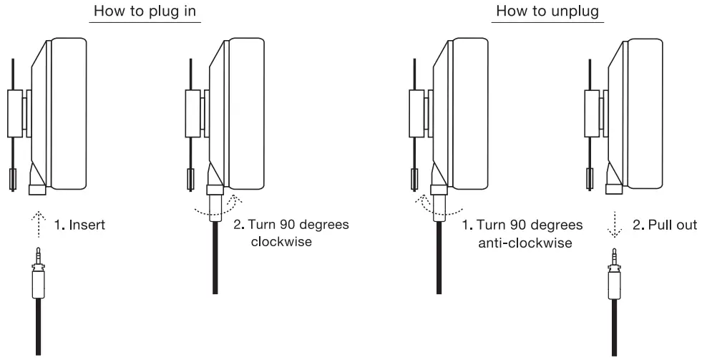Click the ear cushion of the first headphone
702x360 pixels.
click(68, 115)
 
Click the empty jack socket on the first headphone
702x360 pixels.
click(36, 190)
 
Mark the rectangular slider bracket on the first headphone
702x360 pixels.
click(16, 113)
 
